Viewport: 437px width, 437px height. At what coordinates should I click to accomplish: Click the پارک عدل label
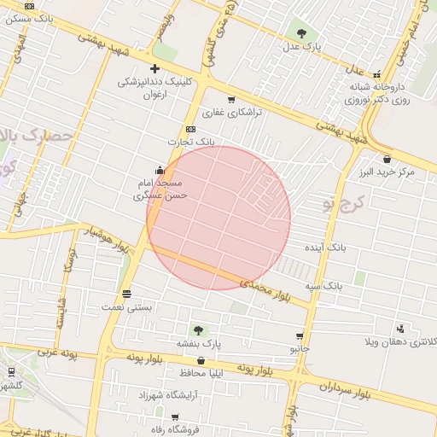(x=301, y=48)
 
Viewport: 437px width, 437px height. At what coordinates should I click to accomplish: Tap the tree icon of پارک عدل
(x=301, y=33)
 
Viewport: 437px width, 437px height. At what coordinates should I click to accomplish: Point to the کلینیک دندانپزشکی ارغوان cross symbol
(x=154, y=68)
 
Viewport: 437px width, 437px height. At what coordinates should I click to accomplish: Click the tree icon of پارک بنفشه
(x=198, y=329)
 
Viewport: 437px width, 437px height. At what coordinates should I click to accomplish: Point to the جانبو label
(x=300, y=349)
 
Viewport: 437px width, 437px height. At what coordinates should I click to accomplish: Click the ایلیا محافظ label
(x=201, y=373)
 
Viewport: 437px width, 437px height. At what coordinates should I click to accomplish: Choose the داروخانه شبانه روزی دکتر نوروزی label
(x=379, y=93)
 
